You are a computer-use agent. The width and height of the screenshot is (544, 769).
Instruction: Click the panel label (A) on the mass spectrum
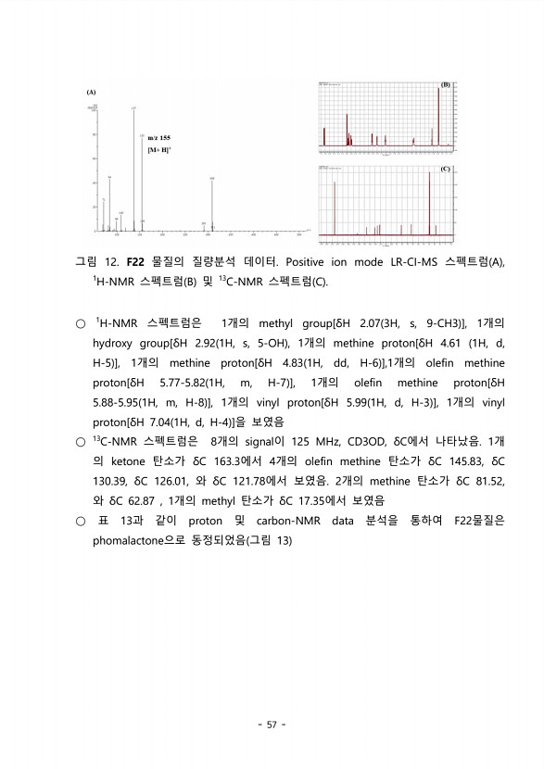point(91,93)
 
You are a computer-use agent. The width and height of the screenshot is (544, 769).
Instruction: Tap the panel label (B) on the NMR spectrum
point(446,84)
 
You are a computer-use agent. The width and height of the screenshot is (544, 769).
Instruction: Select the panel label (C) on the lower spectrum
point(446,170)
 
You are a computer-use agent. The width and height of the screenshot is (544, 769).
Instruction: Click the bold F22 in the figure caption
point(135,262)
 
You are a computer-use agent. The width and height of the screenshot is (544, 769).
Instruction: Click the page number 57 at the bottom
point(272,725)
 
